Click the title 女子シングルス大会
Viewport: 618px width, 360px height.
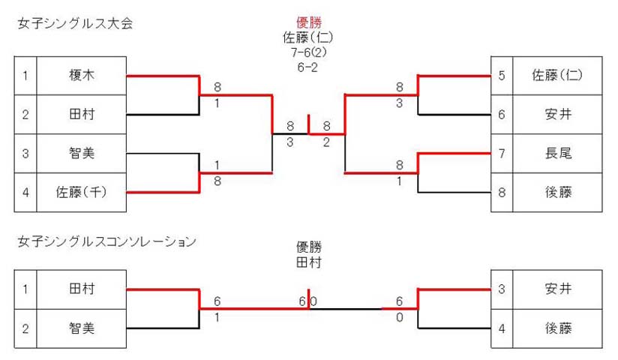75,23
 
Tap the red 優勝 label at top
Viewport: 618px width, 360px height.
308,22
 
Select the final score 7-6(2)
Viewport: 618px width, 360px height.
308,52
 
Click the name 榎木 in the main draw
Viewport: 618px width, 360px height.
82,75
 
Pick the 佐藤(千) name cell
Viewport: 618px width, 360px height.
81,192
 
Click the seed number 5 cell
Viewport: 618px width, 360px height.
501,75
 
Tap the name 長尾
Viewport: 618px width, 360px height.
558,153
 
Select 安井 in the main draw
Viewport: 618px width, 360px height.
558,114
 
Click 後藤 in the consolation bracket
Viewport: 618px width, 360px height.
558,328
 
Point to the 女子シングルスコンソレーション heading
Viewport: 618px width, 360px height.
106,241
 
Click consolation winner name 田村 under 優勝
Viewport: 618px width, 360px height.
308,262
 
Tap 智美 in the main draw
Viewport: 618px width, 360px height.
82,153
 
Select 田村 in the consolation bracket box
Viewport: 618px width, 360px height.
82,289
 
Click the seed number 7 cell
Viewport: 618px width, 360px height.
501,153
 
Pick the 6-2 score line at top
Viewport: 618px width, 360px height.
307,67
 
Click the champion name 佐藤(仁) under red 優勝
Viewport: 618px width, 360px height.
308,37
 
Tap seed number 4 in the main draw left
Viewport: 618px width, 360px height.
25,193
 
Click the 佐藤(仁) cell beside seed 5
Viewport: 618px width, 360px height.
557,75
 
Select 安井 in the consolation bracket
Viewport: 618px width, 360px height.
558,289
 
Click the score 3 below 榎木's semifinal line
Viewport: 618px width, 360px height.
290,142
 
